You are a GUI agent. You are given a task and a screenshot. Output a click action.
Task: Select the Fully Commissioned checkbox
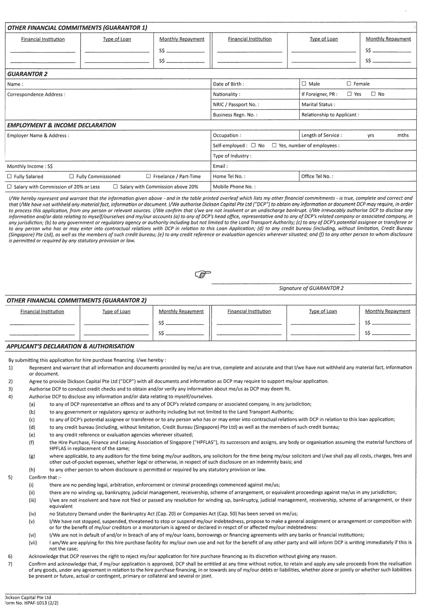(x=71, y=176)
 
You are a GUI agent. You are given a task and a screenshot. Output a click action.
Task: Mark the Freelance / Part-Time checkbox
(x=148, y=176)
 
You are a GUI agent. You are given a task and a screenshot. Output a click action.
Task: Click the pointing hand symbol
(x=203, y=274)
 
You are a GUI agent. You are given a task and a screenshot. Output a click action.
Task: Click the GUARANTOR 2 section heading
(x=27, y=74)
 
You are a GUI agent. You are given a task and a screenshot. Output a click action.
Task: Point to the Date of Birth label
(x=228, y=84)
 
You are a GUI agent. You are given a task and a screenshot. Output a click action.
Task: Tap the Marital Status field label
(x=318, y=104)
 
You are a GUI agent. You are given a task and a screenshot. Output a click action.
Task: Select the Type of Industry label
(x=232, y=156)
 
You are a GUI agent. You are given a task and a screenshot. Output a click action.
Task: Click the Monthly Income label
(x=30, y=166)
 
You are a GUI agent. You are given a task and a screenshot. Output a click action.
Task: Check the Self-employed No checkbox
(x=253, y=145)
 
